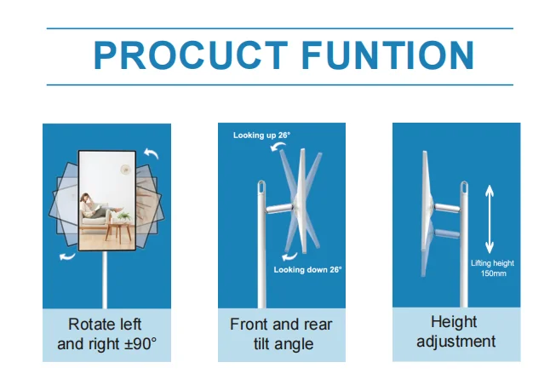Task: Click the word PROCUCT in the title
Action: (191, 55)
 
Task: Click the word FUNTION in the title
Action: (388, 55)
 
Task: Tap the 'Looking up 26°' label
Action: (261, 135)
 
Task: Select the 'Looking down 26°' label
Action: (307, 269)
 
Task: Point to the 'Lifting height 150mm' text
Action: (492, 268)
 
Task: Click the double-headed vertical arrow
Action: (490, 219)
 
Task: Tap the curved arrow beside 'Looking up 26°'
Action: (278, 147)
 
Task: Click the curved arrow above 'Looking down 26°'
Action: (289, 256)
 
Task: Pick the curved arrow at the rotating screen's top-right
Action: (152, 153)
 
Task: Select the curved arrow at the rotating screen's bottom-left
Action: (67, 256)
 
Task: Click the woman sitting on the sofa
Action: (95, 206)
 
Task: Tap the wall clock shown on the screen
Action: (125, 170)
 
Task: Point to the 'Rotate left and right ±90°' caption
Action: (106, 334)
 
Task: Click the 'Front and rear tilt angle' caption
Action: (281, 334)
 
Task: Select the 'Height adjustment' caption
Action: (455, 331)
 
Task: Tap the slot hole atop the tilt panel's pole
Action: (261, 187)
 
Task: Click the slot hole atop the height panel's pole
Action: (464, 187)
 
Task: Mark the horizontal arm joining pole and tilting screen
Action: (279, 208)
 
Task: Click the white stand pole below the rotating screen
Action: (105, 279)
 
